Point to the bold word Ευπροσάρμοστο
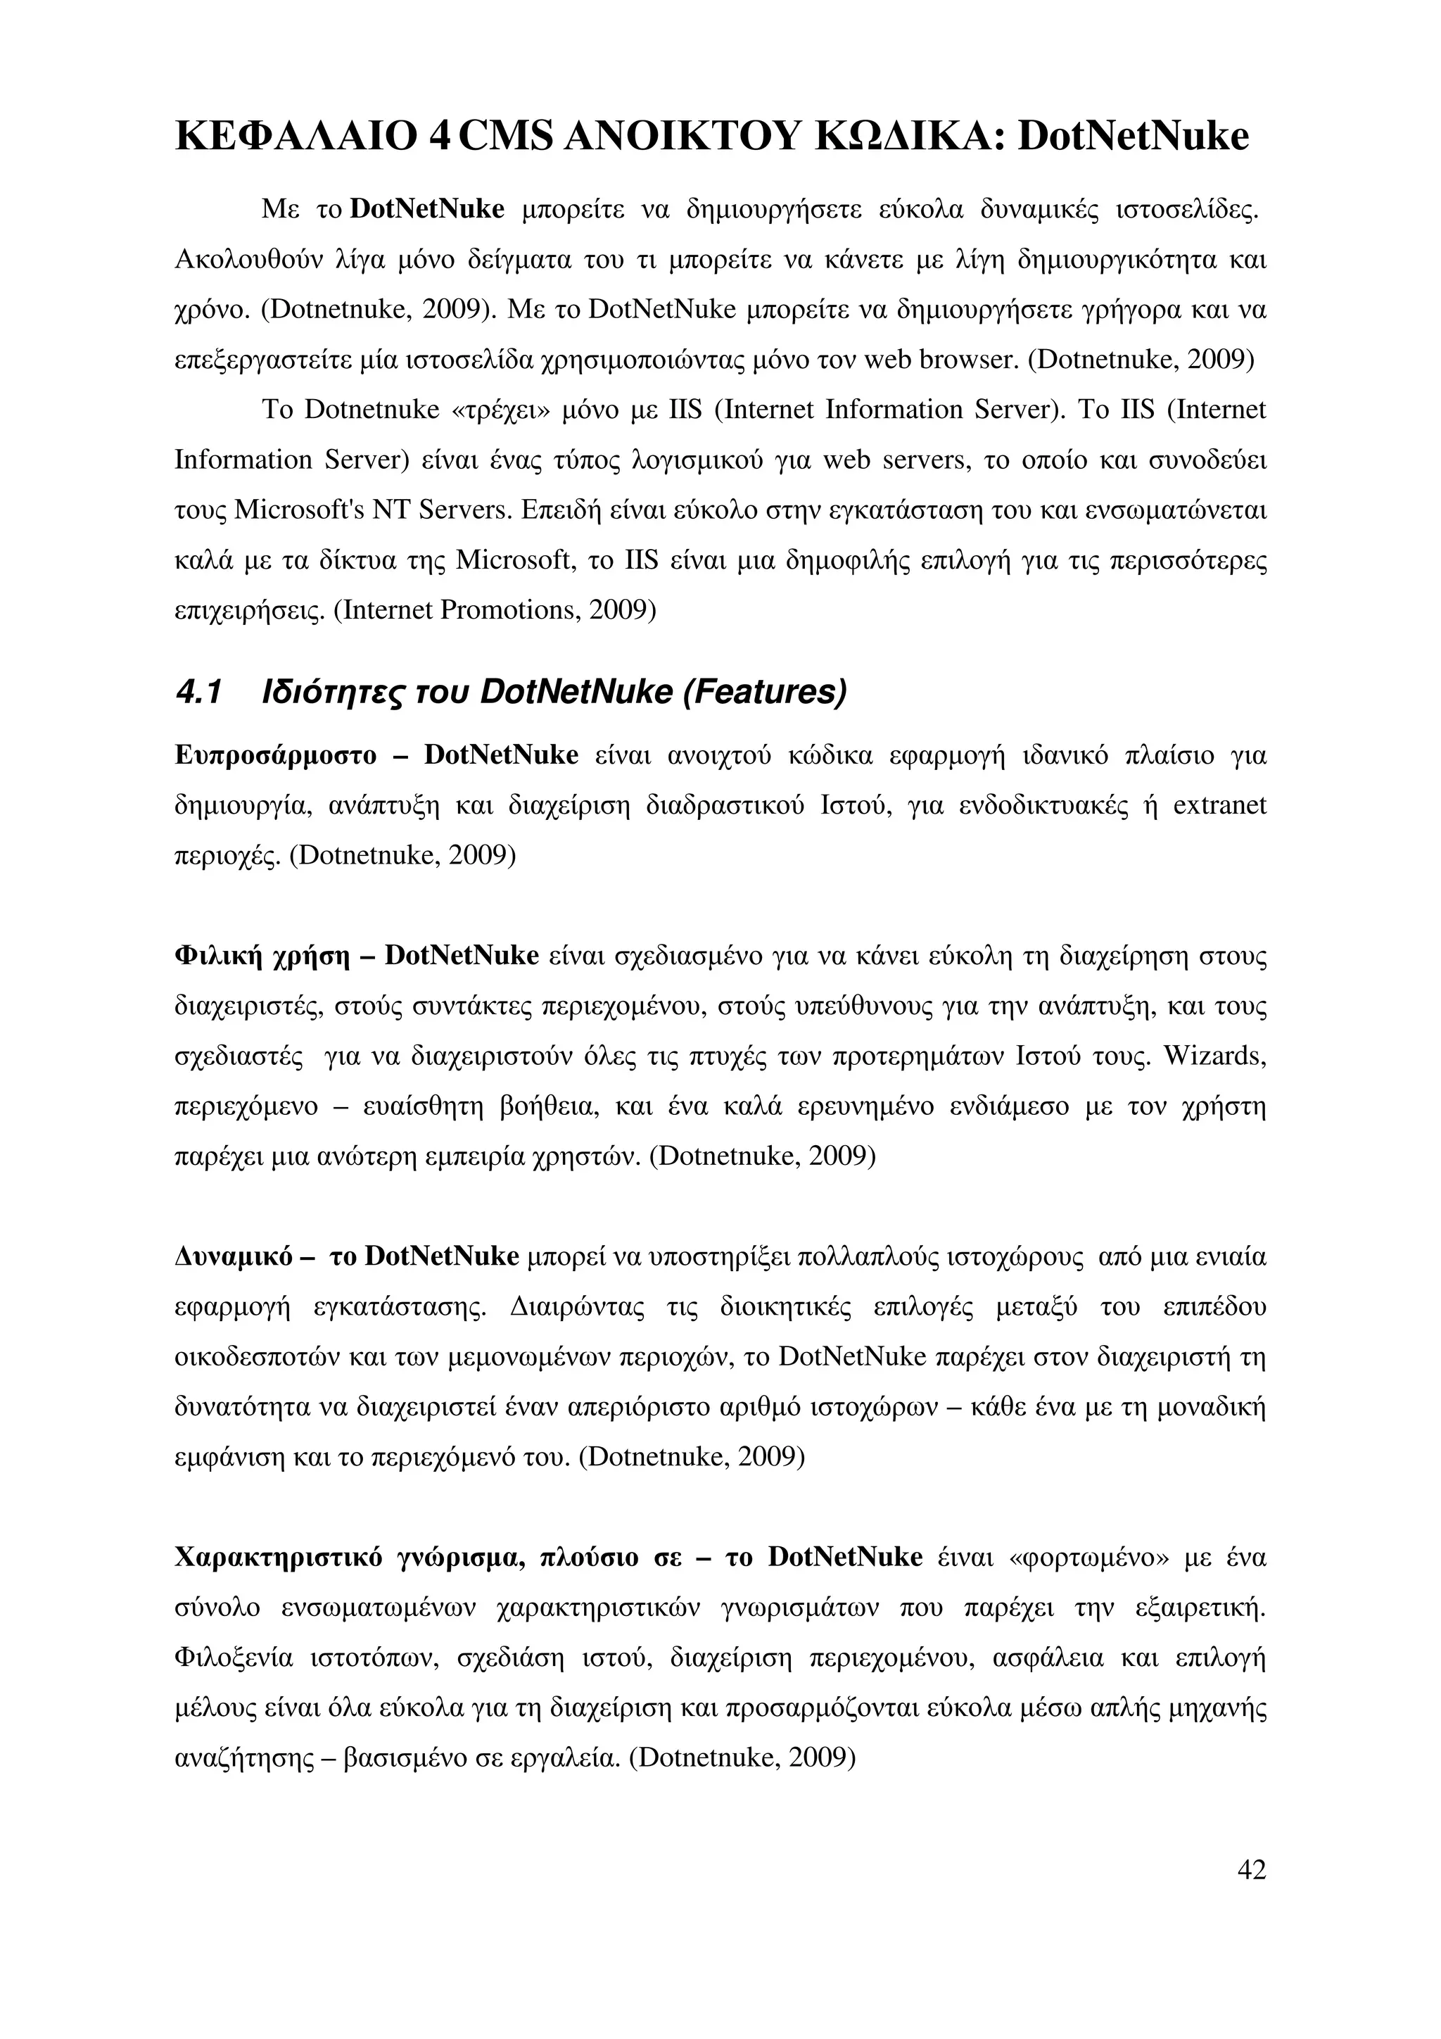pos(276,756)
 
